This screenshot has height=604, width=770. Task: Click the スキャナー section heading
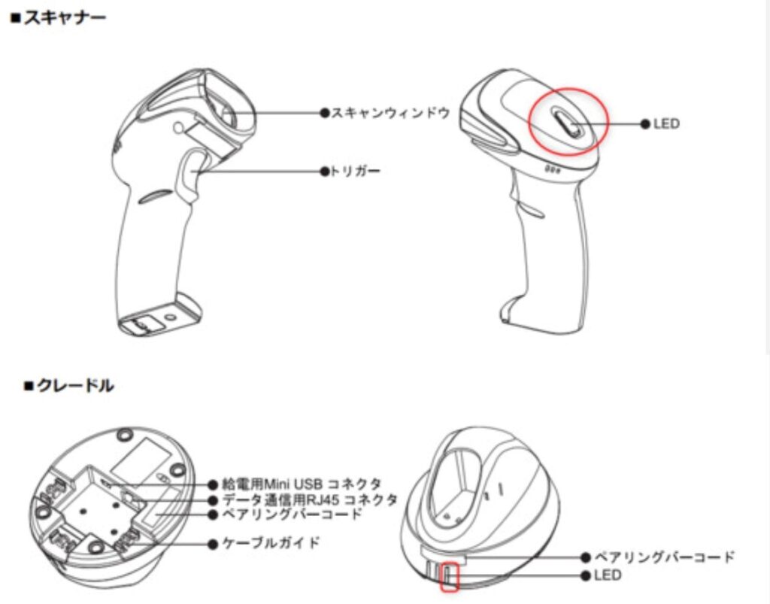59,17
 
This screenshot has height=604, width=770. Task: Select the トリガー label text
354,171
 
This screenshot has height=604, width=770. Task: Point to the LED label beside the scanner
666,123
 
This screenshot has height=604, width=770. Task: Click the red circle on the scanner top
568,121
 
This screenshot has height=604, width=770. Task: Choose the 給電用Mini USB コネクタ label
302,483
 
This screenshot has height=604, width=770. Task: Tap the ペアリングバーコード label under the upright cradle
664,557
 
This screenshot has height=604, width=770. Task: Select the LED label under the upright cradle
608,575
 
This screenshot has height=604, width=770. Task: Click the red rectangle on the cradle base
450,575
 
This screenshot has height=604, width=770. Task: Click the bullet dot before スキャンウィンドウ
325,113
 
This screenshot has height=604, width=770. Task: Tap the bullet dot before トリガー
325,171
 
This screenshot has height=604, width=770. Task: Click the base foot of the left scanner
158,316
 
